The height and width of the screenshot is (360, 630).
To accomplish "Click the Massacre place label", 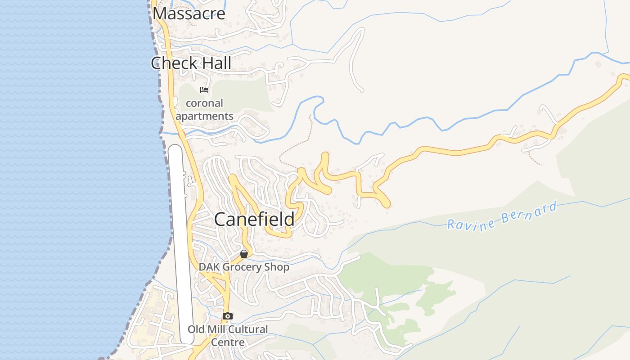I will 189,13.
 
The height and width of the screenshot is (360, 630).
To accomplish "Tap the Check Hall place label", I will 191,63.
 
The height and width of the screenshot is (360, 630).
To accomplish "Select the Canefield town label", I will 254,220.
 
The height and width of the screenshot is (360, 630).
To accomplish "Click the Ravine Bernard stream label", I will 502,216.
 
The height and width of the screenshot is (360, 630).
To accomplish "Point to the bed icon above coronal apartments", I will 204,90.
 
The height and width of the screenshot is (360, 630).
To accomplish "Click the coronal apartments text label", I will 204,110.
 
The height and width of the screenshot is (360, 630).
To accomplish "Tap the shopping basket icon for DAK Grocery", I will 244,254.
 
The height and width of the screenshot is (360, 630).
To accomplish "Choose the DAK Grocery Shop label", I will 244,267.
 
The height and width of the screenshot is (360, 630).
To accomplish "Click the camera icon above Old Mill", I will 228,316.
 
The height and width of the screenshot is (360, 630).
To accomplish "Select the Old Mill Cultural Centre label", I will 228,335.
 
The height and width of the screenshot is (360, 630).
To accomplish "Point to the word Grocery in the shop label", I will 243,267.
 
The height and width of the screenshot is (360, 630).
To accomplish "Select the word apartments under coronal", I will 204,116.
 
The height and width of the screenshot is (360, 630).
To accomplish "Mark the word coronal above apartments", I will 204,103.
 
